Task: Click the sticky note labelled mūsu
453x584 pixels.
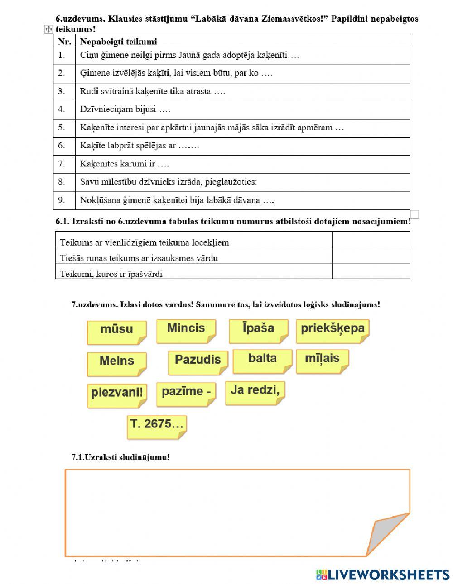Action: click(x=117, y=332)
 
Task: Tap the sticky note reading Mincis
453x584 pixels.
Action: click(x=186, y=331)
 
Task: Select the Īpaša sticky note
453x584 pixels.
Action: click(x=258, y=331)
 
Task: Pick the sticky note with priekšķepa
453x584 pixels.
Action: click(x=333, y=331)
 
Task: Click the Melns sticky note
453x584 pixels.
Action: click(x=117, y=363)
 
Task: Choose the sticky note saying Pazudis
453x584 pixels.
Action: click(x=198, y=362)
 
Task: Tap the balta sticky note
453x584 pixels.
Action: click(x=262, y=361)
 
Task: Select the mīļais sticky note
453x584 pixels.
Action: click(x=322, y=361)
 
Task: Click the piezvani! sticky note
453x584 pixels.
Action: click(x=117, y=394)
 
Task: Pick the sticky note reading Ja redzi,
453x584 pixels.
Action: click(x=255, y=392)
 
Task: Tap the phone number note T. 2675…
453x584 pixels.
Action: click(x=157, y=427)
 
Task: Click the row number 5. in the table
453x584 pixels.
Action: click(x=62, y=128)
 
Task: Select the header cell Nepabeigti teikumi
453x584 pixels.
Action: click(x=119, y=42)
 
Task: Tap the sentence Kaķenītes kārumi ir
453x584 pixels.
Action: click(x=125, y=164)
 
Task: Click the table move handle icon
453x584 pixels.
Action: click(x=48, y=29)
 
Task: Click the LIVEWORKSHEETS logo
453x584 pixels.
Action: click(x=383, y=575)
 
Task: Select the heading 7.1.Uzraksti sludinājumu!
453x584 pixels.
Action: click(x=120, y=457)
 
